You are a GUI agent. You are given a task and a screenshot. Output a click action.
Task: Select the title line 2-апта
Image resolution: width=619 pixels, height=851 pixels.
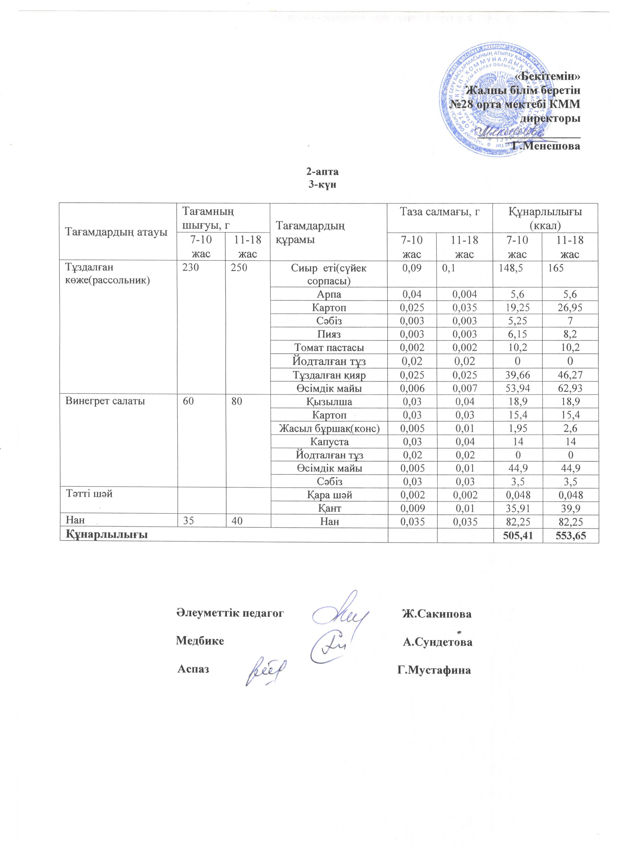click(322, 172)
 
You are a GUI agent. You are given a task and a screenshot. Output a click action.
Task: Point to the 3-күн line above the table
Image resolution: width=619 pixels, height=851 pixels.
click(322, 185)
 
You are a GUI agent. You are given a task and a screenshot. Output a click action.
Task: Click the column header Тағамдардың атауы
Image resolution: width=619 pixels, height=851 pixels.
click(116, 232)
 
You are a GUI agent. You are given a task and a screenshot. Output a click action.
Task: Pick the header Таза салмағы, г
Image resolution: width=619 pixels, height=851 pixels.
click(440, 212)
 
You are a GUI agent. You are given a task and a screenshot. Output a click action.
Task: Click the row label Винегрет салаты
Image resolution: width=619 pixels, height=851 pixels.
click(105, 401)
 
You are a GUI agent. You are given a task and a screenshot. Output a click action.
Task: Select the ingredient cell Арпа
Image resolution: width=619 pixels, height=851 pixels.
click(329, 294)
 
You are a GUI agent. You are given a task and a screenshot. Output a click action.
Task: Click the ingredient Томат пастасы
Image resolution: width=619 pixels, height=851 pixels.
click(329, 348)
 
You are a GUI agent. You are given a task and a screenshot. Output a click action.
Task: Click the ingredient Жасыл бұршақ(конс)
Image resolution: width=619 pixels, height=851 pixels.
click(329, 428)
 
